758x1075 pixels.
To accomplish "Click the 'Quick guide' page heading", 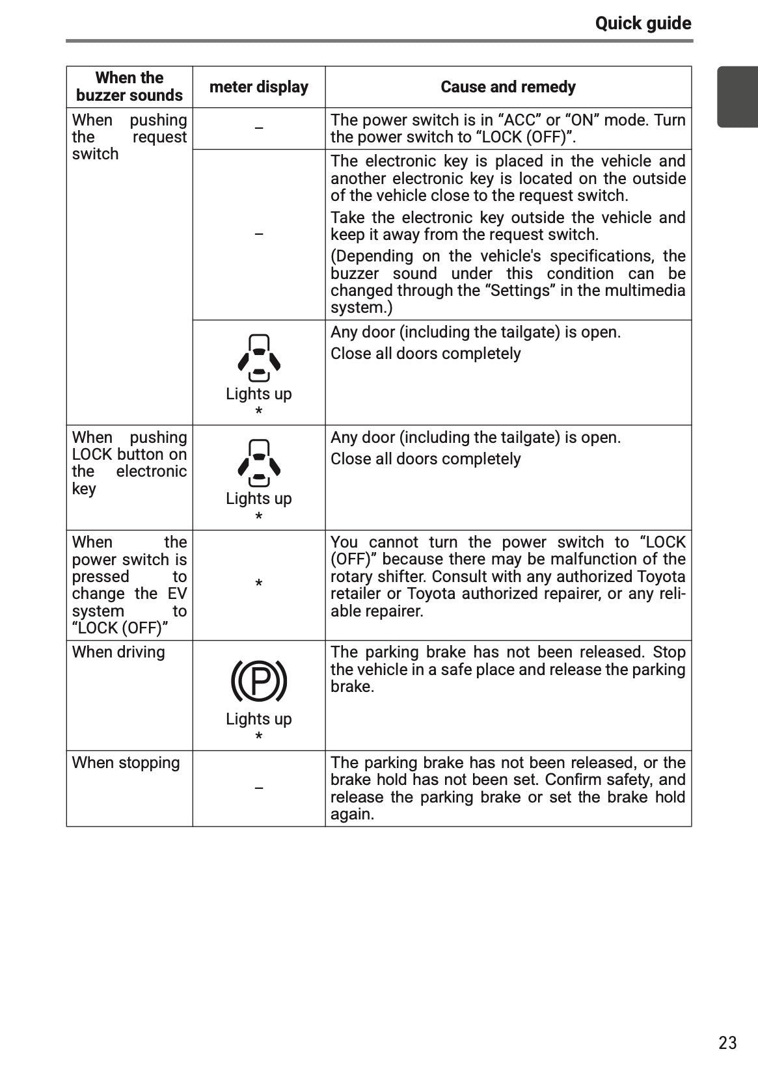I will pos(643,24).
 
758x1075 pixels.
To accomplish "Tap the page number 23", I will pos(727,1042).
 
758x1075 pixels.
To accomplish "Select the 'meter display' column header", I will pos(258,87).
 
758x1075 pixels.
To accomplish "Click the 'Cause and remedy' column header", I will pos(508,87).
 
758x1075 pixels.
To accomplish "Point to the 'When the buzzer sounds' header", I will pos(129,86).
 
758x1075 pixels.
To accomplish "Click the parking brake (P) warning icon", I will pos(259,681).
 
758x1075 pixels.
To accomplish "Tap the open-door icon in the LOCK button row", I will pos(259,463).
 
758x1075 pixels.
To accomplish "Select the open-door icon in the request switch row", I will pos(259,358).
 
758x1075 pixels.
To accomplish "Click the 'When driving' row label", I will pos(118,652).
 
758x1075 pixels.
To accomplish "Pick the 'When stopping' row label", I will pos(126,763).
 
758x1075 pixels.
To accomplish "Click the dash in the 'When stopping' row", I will pos(259,788).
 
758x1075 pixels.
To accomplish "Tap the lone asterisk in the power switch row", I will pos(259,584).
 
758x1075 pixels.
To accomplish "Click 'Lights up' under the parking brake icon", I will pos(259,719).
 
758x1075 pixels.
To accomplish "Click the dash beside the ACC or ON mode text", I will pos(259,128).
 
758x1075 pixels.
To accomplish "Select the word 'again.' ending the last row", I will pos(352,814).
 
